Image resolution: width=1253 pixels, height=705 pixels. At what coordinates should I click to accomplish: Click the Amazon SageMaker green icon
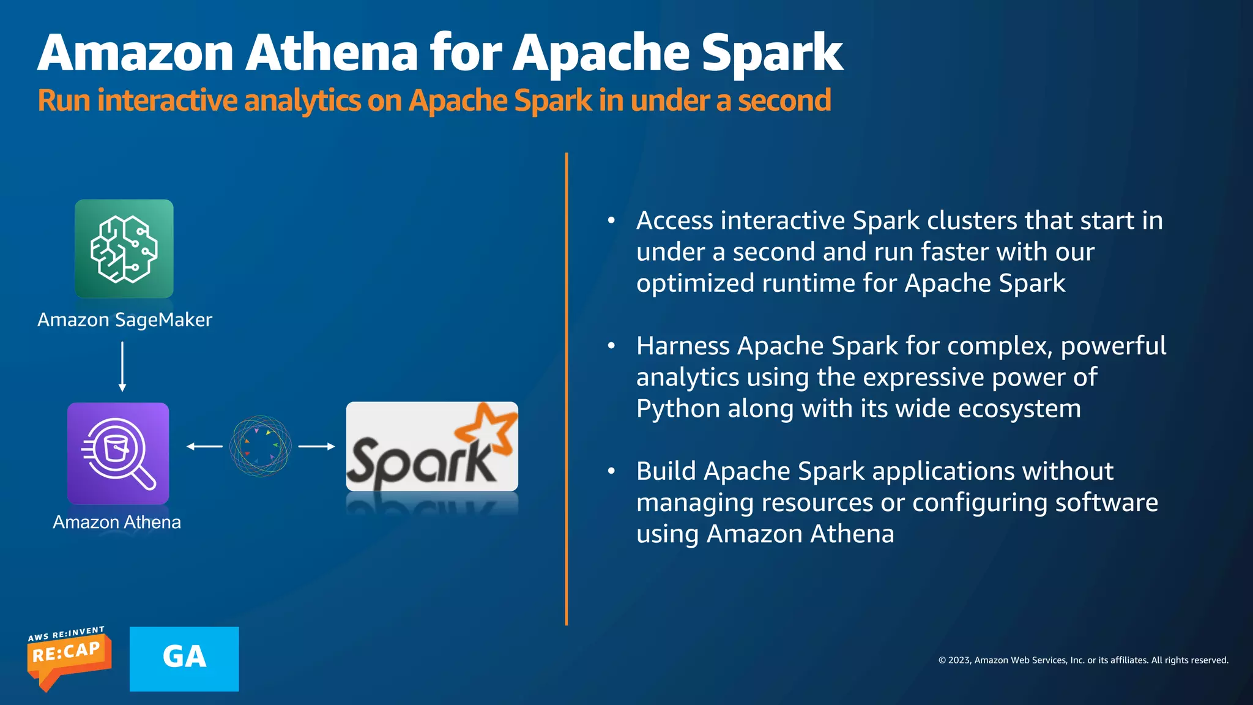click(x=124, y=248)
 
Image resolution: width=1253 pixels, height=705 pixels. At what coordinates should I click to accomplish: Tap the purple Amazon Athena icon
click(x=118, y=453)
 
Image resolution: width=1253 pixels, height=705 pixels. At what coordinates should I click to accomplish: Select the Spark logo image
click(x=432, y=447)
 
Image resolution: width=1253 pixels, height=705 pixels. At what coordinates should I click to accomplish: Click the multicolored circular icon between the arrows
click(x=260, y=446)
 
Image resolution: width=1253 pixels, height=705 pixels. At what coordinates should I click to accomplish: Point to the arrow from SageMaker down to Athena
click(x=122, y=366)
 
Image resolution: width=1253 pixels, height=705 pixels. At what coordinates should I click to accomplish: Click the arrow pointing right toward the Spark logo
click(x=316, y=447)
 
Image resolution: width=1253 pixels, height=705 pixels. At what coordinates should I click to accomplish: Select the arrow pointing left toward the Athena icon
click(x=204, y=447)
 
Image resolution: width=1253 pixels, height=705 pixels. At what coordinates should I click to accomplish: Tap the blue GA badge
click(x=184, y=658)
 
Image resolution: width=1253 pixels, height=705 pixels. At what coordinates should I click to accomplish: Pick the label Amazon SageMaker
click(x=125, y=319)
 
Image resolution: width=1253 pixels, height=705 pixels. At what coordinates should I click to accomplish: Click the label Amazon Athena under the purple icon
click(x=117, y=522)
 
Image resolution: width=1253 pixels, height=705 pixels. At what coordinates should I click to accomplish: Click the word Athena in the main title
click(x=332, y=53)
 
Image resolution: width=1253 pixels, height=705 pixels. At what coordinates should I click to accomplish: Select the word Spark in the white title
click(x=772, y=53)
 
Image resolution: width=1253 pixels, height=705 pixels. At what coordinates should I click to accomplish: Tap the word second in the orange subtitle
click(x=784, y=100)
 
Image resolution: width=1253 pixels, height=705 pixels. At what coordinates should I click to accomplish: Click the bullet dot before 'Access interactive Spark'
click(x=611, y=220)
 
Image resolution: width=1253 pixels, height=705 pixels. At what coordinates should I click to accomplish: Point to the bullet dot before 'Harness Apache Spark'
click(x=611, y=346)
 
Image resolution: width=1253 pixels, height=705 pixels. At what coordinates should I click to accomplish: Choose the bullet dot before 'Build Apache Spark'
click(x=611, y=471)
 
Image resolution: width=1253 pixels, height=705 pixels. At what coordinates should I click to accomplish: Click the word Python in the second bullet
click(x=678, y=409)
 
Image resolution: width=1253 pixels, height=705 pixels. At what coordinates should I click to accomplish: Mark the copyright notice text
click(x=1083, y=660)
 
